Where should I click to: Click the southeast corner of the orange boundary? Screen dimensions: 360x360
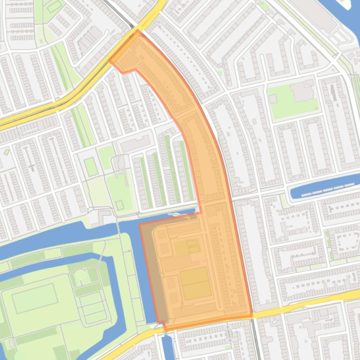(x=252, y=316)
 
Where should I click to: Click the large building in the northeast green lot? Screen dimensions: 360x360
(x=302, y=92)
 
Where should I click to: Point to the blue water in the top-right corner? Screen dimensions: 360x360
(x=349, y=19)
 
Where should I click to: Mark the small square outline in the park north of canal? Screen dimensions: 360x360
(x=120, y=204)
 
